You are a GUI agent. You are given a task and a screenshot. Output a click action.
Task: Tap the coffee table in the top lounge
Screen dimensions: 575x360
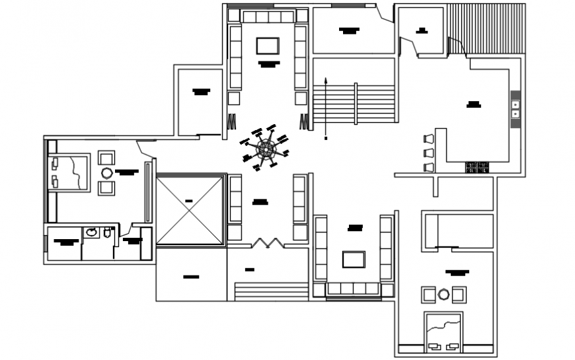(268, 46)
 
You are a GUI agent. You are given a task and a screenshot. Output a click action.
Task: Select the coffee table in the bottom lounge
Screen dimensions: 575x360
(354, 259)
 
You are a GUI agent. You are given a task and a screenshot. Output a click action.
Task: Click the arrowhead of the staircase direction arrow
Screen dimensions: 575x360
(326, 80)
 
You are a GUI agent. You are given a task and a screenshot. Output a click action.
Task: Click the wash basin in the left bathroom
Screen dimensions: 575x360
(92, 233)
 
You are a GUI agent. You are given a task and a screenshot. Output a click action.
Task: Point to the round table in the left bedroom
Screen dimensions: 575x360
(106, 173)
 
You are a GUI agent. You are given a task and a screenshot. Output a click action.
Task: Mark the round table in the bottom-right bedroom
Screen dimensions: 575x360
(443, 294)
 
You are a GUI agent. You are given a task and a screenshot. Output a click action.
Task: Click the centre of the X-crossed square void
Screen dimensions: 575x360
(190, 210)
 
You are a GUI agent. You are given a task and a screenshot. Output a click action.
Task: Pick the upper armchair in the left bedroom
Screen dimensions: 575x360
(106, 158)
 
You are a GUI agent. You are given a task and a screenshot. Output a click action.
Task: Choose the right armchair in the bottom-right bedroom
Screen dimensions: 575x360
(459, 294)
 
